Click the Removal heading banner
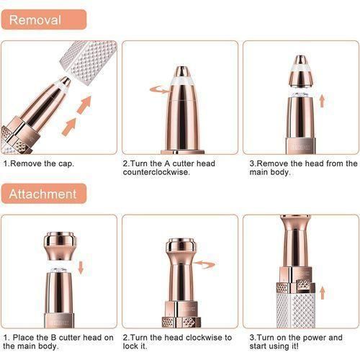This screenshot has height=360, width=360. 43,19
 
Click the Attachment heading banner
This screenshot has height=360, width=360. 43,194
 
